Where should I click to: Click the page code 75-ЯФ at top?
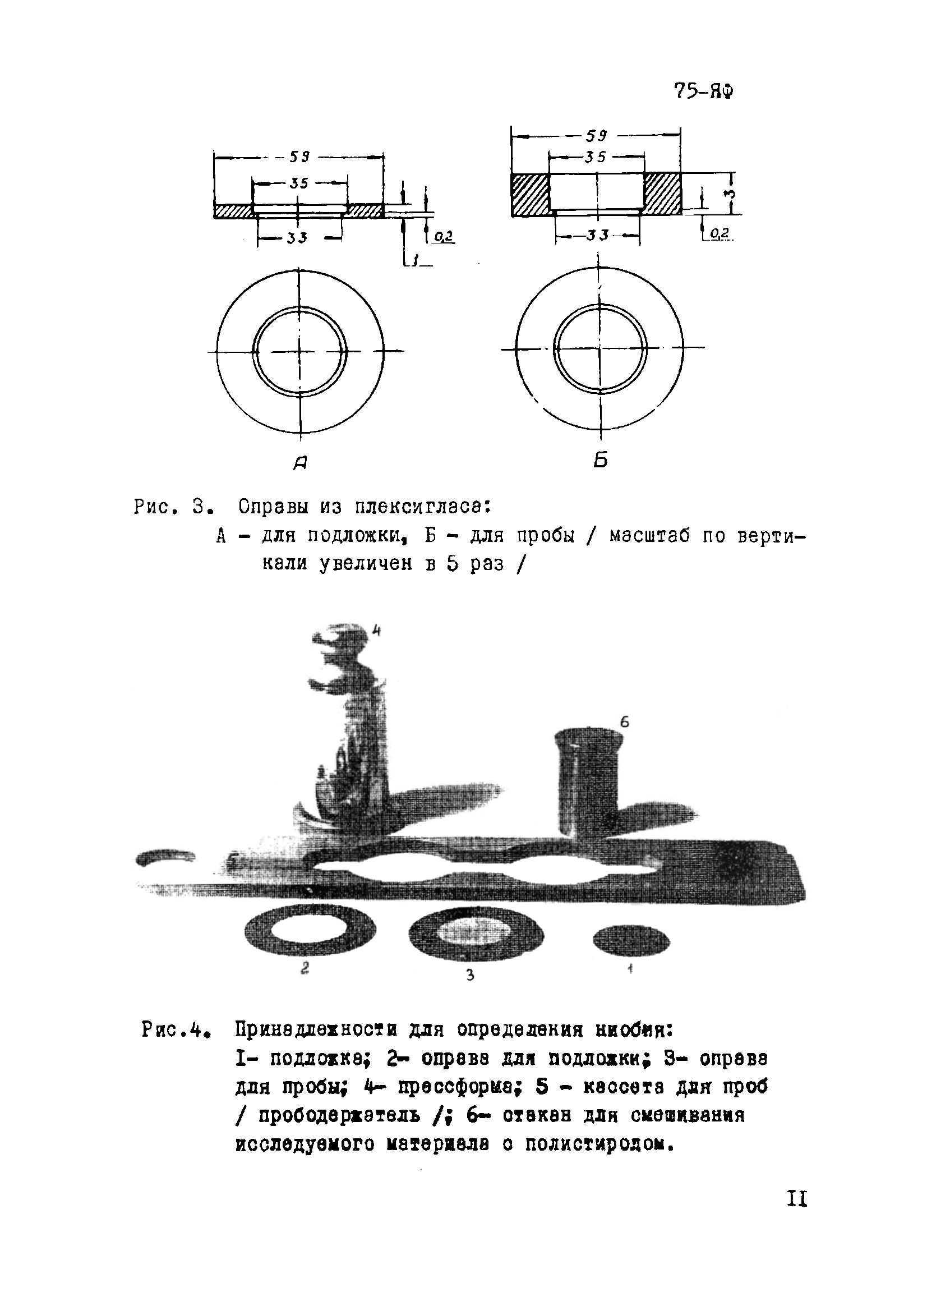(703, 91)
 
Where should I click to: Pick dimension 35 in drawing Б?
(595, 157)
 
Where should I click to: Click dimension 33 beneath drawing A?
(297, 237)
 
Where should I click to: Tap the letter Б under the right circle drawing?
(601, 459)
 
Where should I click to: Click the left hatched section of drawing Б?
(529, 194)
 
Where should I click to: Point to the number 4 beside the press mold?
(376, 630)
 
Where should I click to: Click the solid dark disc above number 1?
(631, 939)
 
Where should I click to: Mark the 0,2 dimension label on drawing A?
(442, 236)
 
